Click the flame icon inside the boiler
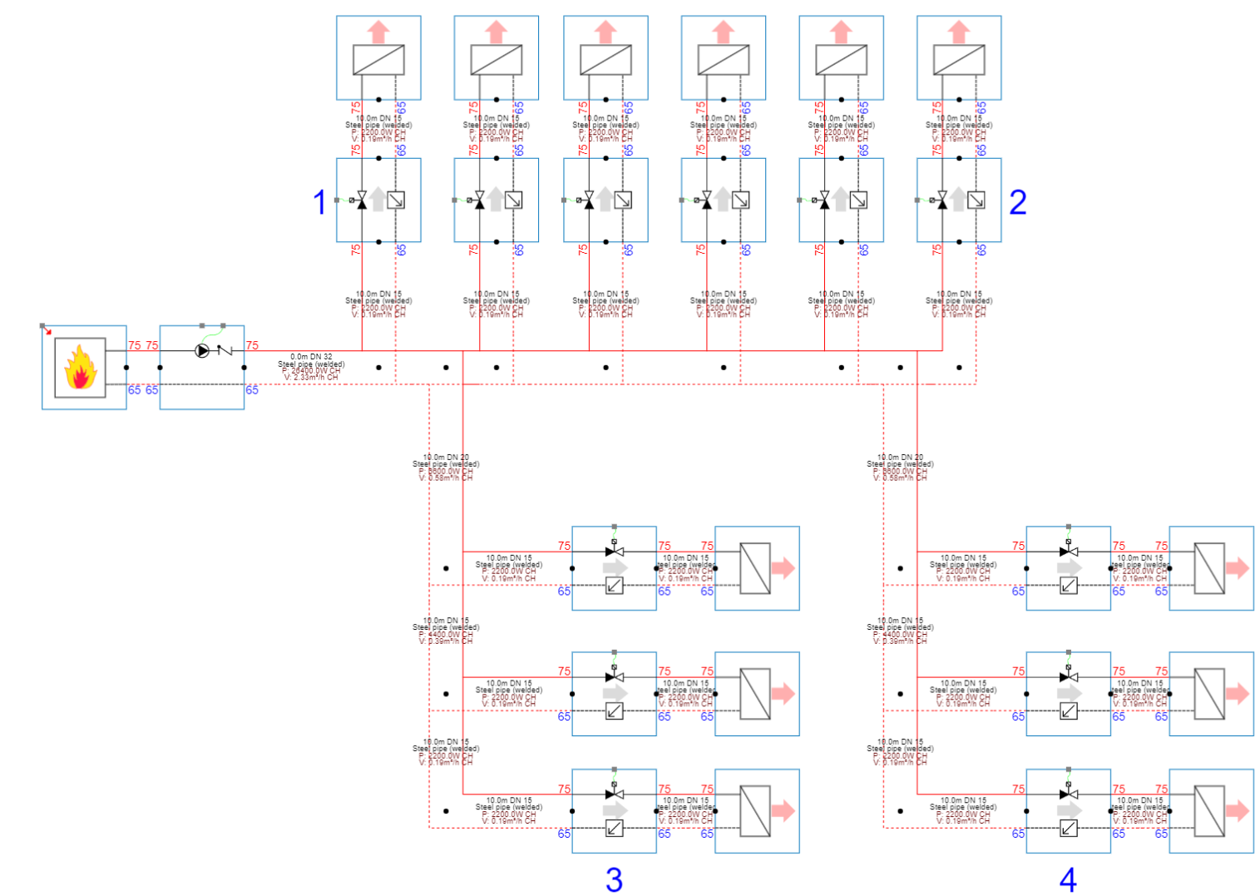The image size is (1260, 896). [x=80, y=369]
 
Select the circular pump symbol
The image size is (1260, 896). [x=202, y=351]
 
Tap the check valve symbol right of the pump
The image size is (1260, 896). [x=224, y=351]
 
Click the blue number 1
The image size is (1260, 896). [x=319, y=202]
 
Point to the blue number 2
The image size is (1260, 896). [x=1017, y=202]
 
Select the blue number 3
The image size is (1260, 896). [x=614, y=879]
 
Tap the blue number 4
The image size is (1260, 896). [x=1068, y=879]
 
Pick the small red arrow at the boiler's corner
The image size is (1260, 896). [x=47, y=330]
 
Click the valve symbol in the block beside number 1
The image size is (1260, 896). [x=361, y=200]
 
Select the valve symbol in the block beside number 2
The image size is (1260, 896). [x=941, y=200]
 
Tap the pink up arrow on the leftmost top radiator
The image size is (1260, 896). [x=378, y=32]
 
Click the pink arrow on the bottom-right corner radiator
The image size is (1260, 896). [x=1237, y=810]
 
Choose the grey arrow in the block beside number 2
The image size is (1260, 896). [x=959, y=200]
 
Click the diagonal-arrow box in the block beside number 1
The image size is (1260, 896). [x=396, y=200]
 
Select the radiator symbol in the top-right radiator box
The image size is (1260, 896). [x=959, y=60]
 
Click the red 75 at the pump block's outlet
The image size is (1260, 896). [x=252, y=345]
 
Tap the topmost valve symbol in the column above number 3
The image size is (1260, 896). [x=614, y=551]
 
